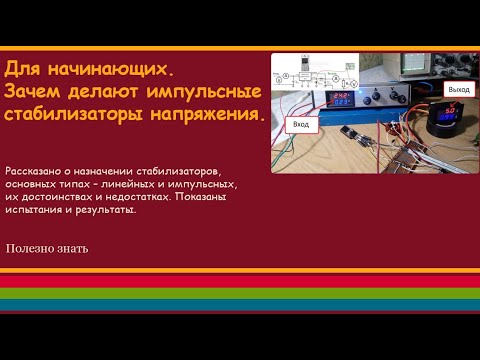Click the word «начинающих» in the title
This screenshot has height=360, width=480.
tap(112, 71)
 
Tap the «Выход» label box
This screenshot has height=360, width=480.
tap(458, 89)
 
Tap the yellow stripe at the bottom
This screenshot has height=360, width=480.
tap(240, 287)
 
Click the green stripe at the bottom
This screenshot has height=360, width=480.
tap(240, 297)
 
